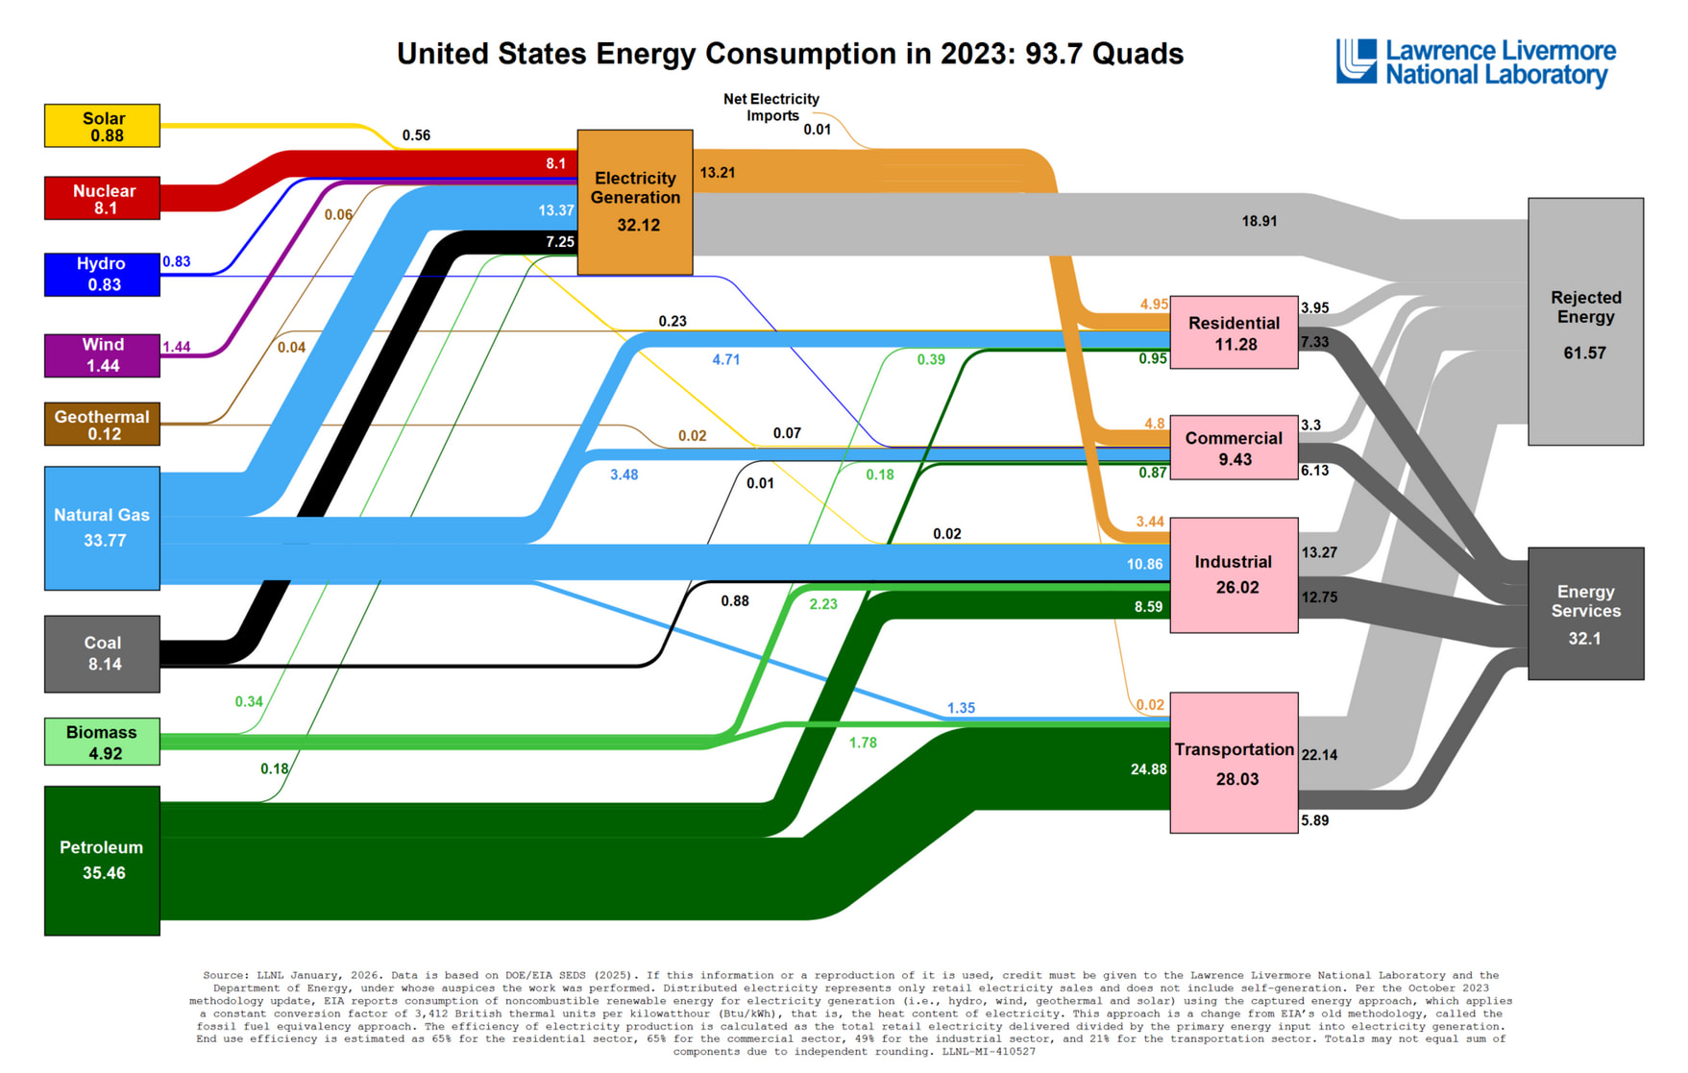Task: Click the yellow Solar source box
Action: [x=102, y=126]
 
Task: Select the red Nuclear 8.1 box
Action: [x=102, y=198]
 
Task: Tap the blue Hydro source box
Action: [x=102, y=274]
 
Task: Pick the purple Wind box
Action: [x=102, y=354]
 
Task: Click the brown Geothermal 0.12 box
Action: [x=102, y=424]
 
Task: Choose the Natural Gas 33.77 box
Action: [x=102, y=527]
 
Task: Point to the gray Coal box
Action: [x=102, y=653]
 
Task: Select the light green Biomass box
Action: [x=102, y=742]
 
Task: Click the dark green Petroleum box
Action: [x=102, y=860]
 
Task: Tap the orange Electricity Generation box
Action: [x=635, y=202]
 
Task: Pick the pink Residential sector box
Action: [x=1234, y=332]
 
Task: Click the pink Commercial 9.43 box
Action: [x=1234, y=448]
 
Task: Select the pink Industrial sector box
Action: [x=1234, y=574]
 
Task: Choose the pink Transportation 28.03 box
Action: [x=1234, y=763]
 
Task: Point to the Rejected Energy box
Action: [x=1585, y=322]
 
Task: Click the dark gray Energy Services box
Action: [x=1585, y=614]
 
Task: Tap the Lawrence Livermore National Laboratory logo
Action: [x=1476, y=62]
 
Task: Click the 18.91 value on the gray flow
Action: [x=1259, y=221]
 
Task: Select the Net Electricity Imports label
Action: [x=771, y=107]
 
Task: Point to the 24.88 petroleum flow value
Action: [x=1148, y=769]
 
